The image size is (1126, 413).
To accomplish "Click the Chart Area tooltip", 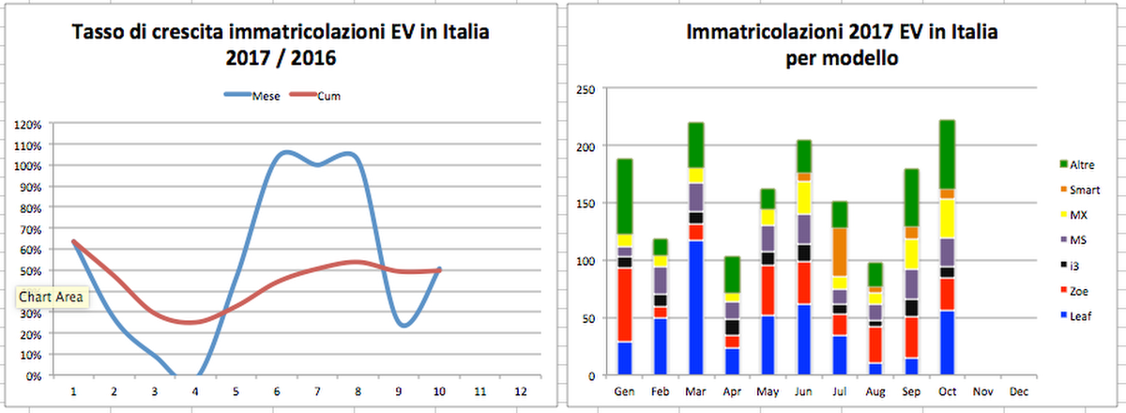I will point(52,298).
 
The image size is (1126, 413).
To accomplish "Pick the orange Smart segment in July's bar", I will point(841,252).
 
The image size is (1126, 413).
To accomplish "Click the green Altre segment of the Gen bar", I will point(625,196).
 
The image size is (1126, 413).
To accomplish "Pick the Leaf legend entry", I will point(1081,316).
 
